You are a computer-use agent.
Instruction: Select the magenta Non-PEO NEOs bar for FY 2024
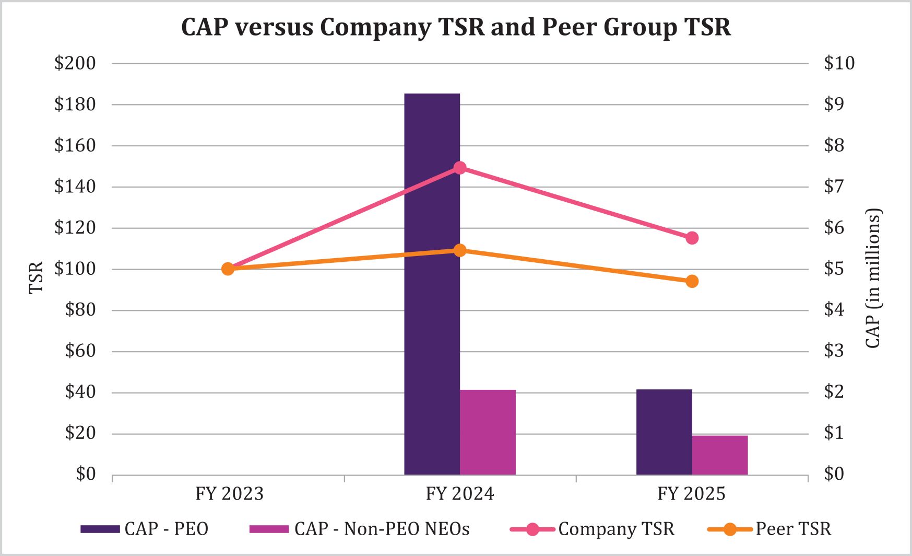[488, 432]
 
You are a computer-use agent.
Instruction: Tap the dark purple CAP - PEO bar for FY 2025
[664, 432]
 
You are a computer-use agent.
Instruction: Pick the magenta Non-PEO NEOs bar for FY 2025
[720, 455]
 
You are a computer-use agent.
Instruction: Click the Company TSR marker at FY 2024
[460, 168]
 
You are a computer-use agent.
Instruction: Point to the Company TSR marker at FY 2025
[692, 238]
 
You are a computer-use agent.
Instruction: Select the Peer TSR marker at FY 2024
[460, 250]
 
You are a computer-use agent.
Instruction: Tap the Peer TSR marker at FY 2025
[692, 281]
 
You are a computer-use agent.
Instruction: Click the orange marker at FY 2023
[228, 269]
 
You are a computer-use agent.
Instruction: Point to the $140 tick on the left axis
[75, 187]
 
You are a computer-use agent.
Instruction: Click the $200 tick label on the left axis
[75, 63]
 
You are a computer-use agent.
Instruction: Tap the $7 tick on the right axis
[834, 187]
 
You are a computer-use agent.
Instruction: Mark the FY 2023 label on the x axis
[229, 494]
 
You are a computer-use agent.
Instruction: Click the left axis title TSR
[35, 277]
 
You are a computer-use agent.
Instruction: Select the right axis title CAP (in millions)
[872, 279]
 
